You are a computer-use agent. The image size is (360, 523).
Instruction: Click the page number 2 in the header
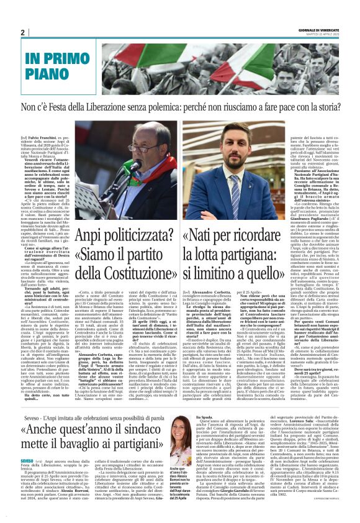tap(23, 32)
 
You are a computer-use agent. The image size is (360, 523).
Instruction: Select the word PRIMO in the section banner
tap(73, 60)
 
